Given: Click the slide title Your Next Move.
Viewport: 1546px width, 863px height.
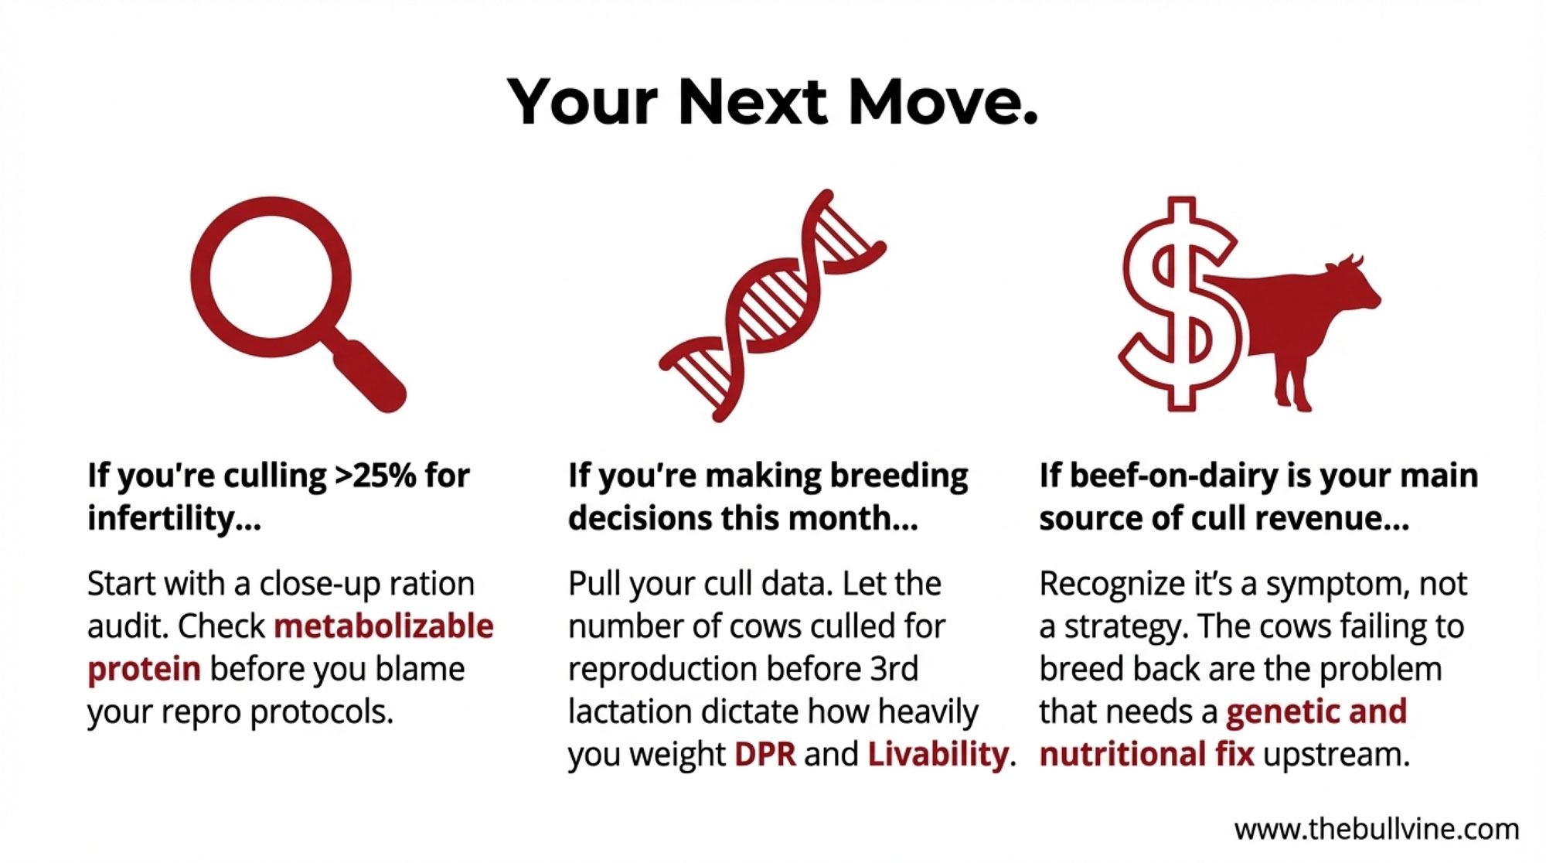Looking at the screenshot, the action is click(x=772, y=102).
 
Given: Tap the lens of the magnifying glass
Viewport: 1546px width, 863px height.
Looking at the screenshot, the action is click(x=271, y=277).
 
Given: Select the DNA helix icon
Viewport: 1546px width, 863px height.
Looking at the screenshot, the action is click(x=772, y=305).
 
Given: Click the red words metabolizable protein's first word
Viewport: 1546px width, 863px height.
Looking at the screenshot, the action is click(x=383, y=626).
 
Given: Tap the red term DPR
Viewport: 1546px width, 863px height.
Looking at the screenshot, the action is click(x=764, y=754).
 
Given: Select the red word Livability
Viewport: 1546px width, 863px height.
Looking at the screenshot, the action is click(x=938, y=754).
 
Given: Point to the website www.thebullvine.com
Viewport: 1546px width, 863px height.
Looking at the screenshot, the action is click(x=1376, y=829).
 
